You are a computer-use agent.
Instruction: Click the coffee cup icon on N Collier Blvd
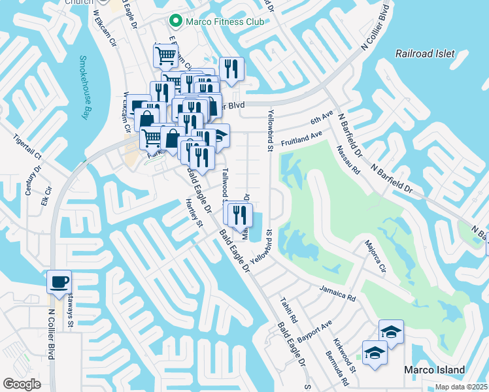(59, 282)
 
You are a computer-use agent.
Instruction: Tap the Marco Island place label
(434, 370)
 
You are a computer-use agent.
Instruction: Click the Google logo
(22, 384)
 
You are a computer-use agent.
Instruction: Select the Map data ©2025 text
(461, 387)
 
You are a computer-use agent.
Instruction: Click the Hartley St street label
(195, 212)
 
